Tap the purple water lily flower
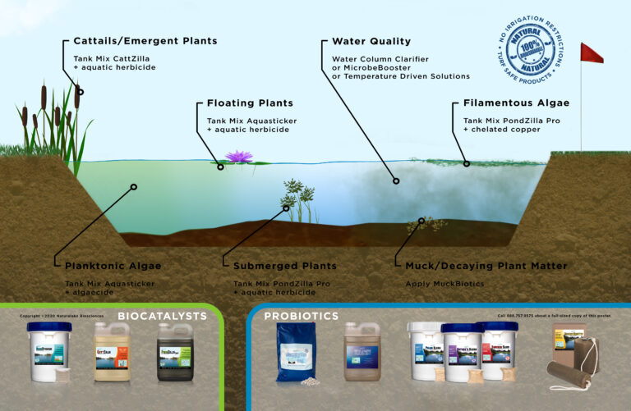click(x=238, y=157)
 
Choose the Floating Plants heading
click(x=250, y=103)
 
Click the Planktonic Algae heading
click(x=113, y=266)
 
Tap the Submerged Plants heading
click(x=284, y=266)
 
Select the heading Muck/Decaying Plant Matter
click(x=486, y=266)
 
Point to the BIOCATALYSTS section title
click(x=162, y=315)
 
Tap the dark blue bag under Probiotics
click(x=295, y=351)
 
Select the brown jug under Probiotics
click(x=362, y=351)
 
